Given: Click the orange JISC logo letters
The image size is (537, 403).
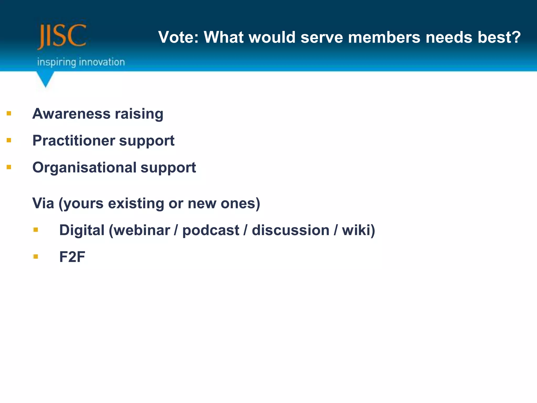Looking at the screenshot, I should point(62,36).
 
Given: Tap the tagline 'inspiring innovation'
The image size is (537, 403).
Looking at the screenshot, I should point(81,62).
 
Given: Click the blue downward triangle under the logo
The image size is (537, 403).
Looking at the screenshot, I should point(45,79).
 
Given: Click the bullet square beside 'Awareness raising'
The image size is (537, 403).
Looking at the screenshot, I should point(9,113).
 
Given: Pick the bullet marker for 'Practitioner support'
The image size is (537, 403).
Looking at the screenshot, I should point(9,140).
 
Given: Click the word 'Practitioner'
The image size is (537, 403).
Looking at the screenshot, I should point(74,141).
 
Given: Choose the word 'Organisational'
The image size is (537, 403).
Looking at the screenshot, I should point(84,168).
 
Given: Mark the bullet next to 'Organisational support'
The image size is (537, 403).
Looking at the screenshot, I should point(9,167).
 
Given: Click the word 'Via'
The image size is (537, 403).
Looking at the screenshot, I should point(43,203).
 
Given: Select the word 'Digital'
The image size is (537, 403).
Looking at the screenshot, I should point(82,230).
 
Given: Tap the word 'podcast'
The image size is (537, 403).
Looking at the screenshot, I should point(211,230).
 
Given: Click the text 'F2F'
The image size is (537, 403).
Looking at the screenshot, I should point(72,257).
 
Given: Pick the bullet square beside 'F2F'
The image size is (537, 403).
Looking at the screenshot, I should point(36,256).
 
